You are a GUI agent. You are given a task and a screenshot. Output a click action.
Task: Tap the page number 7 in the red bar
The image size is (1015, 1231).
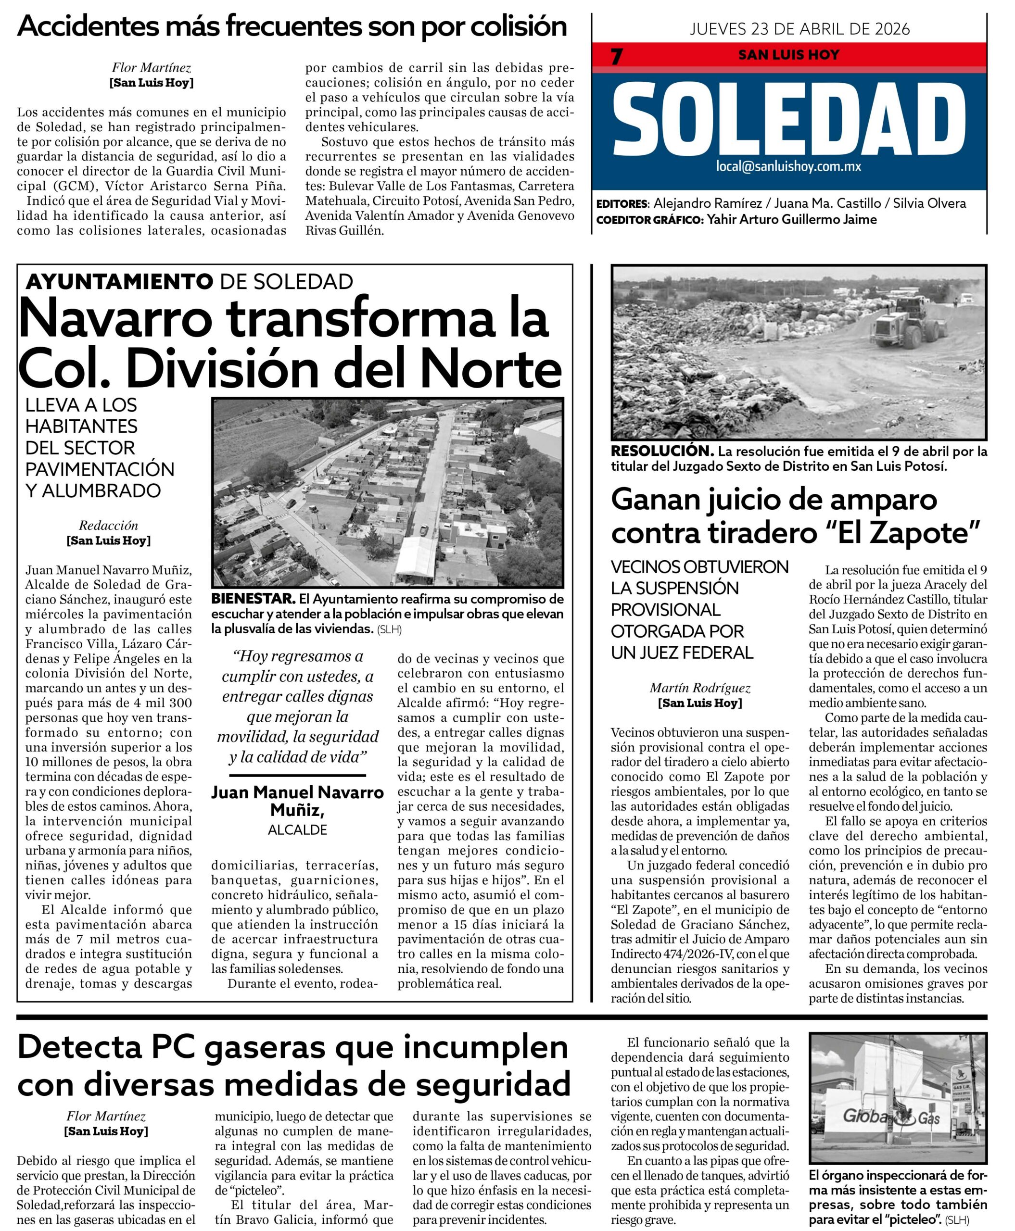pos(616,57)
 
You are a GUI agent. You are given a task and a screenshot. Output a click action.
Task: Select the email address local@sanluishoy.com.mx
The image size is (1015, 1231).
pos(789,166)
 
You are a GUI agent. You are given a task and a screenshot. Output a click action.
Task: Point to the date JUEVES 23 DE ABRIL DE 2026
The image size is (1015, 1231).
pos(800,29)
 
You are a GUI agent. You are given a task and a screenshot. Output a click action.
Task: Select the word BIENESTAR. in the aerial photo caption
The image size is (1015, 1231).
pos(253,599)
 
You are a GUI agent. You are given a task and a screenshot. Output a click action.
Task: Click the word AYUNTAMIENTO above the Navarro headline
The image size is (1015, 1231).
pos(119,282)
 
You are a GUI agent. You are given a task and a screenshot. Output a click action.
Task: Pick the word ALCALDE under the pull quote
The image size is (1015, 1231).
pos(298,830)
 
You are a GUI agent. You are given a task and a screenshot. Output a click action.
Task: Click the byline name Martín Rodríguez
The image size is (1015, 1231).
pos(700,688)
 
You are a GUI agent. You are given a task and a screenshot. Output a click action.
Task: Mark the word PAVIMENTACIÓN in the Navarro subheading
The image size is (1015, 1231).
pos(100,469)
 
